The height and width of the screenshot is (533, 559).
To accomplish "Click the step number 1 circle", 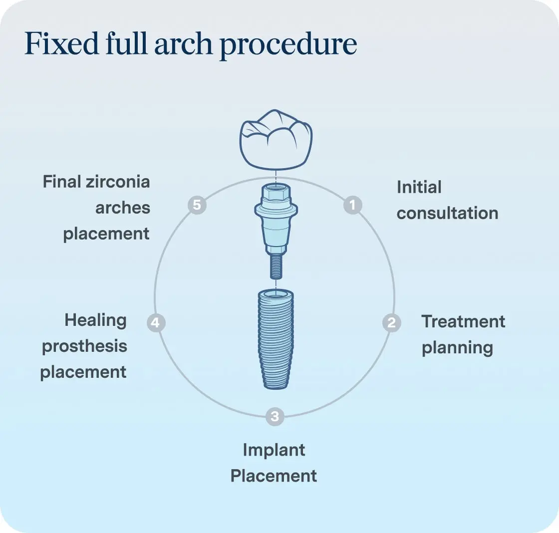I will coord(353,205).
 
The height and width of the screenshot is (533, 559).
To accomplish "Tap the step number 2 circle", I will coord(391,323).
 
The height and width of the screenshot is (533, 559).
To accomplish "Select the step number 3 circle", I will coord(275,416).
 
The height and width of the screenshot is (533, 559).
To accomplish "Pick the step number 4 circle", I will coord(156,323).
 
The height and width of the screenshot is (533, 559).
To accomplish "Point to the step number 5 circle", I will coord(197,205).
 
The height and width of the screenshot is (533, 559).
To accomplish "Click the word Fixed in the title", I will coord(55,44).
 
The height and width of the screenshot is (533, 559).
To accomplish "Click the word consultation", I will coord(447,213).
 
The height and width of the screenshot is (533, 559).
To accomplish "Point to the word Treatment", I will coord(463,321).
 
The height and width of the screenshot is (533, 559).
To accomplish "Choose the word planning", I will coord(457,348).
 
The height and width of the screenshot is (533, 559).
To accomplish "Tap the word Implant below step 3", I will coord(274,450).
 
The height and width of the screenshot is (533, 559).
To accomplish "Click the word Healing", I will coord(95,320).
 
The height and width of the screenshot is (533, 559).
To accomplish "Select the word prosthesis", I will coord(84,346).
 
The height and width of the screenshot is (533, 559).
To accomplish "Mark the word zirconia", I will coord(118,181).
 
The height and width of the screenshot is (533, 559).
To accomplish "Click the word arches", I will coord(122,208).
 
